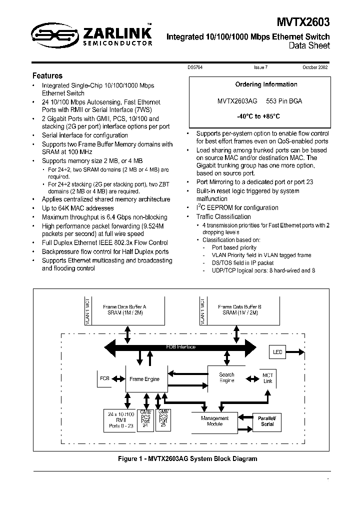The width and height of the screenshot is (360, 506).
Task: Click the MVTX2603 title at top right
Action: pos(303,22)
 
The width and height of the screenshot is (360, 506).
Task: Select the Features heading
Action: pos(47,76)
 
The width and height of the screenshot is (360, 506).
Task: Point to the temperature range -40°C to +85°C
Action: pos(258,116)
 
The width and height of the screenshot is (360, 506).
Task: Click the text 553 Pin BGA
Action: pos(284,100)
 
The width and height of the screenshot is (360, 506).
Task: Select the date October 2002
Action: pos(314,67)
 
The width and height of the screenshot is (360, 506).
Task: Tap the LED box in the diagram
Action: pos(277,352)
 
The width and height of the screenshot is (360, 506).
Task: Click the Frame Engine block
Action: pos(144,379)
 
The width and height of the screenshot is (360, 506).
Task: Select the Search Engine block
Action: pos(226,377)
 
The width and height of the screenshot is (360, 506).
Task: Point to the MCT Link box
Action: pos(267,378)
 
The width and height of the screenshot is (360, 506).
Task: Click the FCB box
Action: pos(105,378)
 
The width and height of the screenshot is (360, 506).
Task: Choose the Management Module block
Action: pos(214,421)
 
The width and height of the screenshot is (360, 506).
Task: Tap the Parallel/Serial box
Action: pos(267,421)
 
